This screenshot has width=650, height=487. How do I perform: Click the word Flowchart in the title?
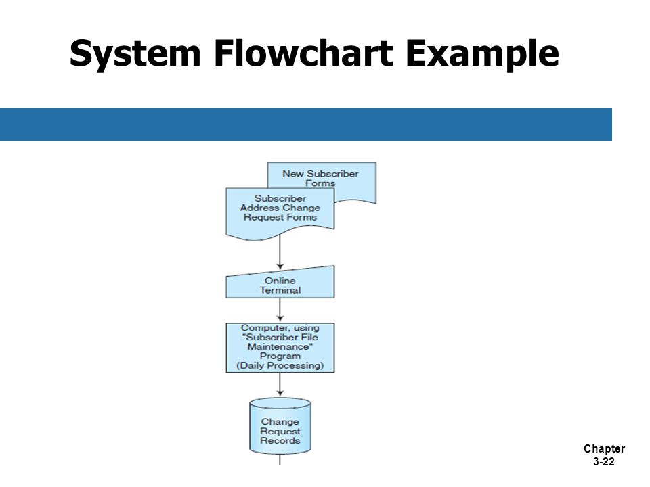click(x=303, y=52)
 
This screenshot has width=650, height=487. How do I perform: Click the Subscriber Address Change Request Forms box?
click(x=280, y=213)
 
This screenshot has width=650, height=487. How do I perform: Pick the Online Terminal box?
click(x=280, y=283)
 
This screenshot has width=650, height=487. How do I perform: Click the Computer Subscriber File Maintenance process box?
click(x=280, y=348)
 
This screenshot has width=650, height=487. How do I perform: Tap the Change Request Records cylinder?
click(x=280, y=425)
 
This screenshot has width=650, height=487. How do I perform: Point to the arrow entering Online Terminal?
click(x=280, y=252)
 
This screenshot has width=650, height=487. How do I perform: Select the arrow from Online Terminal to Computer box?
click(x=280, y=309)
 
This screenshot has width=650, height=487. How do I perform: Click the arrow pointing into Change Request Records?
click(x=280, y=384)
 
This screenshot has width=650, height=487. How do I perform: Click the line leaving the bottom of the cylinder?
click(x=280, y=460)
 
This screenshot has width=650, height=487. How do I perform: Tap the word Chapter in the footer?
click(x=604, y=448)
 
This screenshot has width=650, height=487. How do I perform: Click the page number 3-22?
click(x=604, y=461)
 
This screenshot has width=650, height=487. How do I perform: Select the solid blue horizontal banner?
click(x=306, y=124)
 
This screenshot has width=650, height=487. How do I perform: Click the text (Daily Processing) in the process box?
click(x=280, y=366)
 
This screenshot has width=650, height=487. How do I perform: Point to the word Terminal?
click(x=280, y=290)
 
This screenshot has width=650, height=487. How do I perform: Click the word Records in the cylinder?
click(x=280, y=440)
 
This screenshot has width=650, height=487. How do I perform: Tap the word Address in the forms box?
click(x=259, y=208)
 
